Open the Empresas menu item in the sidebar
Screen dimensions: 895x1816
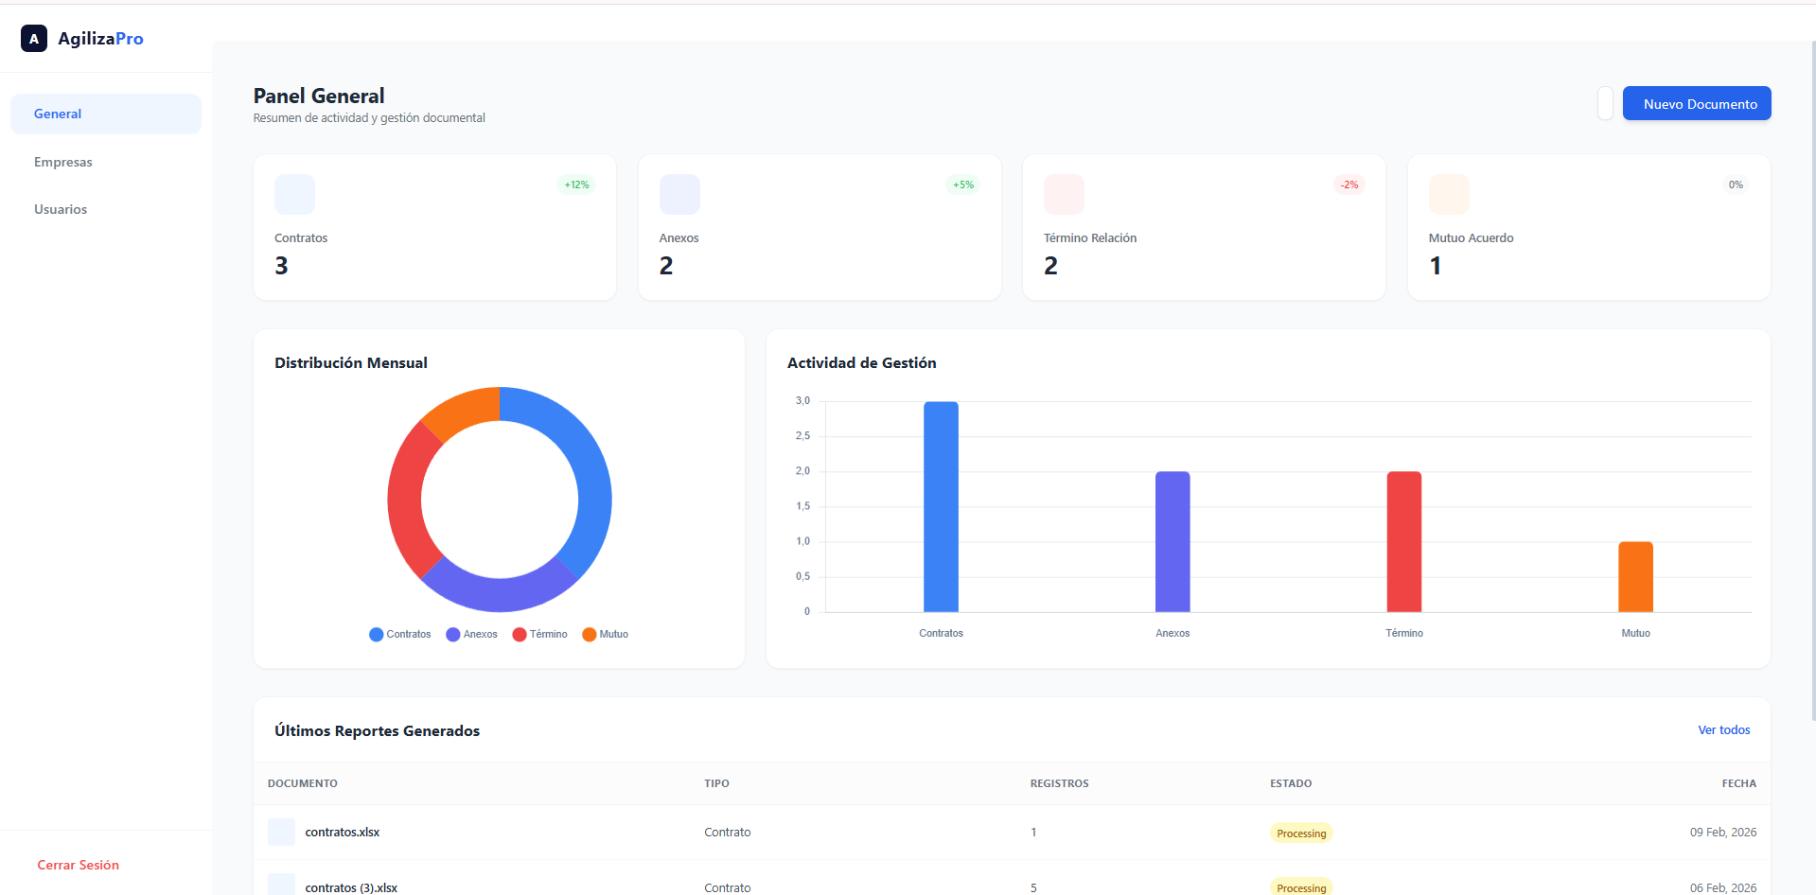click(63, 162)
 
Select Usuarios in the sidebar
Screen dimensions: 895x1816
click(61, 209)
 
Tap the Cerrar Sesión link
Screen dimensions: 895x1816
click(78, 865)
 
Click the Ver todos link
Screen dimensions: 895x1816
click(1723, 729)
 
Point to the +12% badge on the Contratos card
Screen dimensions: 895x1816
click(576, 184)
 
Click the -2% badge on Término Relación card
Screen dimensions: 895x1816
click(1349, 184)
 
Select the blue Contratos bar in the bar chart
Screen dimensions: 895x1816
click(941, 506)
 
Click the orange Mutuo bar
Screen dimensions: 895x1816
click(1635, 576)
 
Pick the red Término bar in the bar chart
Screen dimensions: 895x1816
click(1403, 541)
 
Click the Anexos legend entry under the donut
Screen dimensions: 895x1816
click(472, 634)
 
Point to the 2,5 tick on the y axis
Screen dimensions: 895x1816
click(802, 436)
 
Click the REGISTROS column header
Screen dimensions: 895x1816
click(1059, 783)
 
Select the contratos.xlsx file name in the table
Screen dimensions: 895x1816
click(342, 833)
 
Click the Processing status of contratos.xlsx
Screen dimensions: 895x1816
click(1301, 834)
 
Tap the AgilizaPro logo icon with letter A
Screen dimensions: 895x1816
click(34, 39)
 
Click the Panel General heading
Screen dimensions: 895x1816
click(319, 96)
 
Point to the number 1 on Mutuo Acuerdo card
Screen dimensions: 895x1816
click(1436, 266)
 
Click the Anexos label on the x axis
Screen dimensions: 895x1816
click(1172, 633)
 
